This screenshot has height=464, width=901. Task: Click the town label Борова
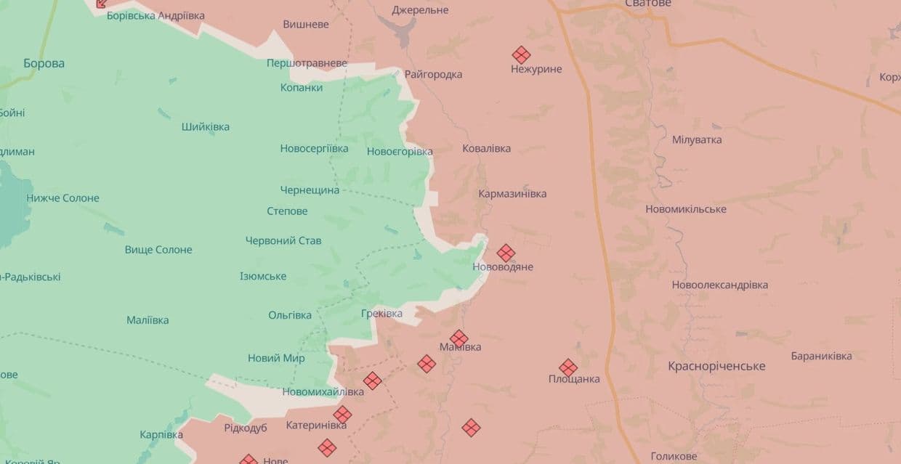pos(44,63)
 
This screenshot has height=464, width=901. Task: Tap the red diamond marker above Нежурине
pos(521,55)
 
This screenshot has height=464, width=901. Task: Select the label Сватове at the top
pos(648,4)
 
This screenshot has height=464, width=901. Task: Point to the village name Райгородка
pos(433,74)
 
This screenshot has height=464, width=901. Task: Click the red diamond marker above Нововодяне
pos(506,253)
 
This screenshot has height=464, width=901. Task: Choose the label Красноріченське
pos(716,366)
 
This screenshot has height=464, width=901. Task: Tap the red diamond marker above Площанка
pos(568,367)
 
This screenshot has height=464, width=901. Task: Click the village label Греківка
pos(381,314)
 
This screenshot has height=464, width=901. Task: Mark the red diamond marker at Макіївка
pos(458,338)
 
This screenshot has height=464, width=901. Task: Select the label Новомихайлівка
pos(323,391)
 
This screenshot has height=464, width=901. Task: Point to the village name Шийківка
pos(206,126)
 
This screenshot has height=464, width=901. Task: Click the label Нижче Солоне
pos(63,198)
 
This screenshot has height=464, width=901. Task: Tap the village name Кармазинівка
pos(512,194)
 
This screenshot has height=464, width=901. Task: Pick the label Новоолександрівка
pos(719,285)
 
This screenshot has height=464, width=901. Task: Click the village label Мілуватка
pos(697,139)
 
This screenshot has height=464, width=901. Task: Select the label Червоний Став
pos(283,240)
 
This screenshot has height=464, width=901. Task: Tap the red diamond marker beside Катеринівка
pos(342,415)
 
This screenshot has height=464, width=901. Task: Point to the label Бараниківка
pos(821,356)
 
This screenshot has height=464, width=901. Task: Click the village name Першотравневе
pos(307,63)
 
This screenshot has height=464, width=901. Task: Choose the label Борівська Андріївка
pos(155,15)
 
